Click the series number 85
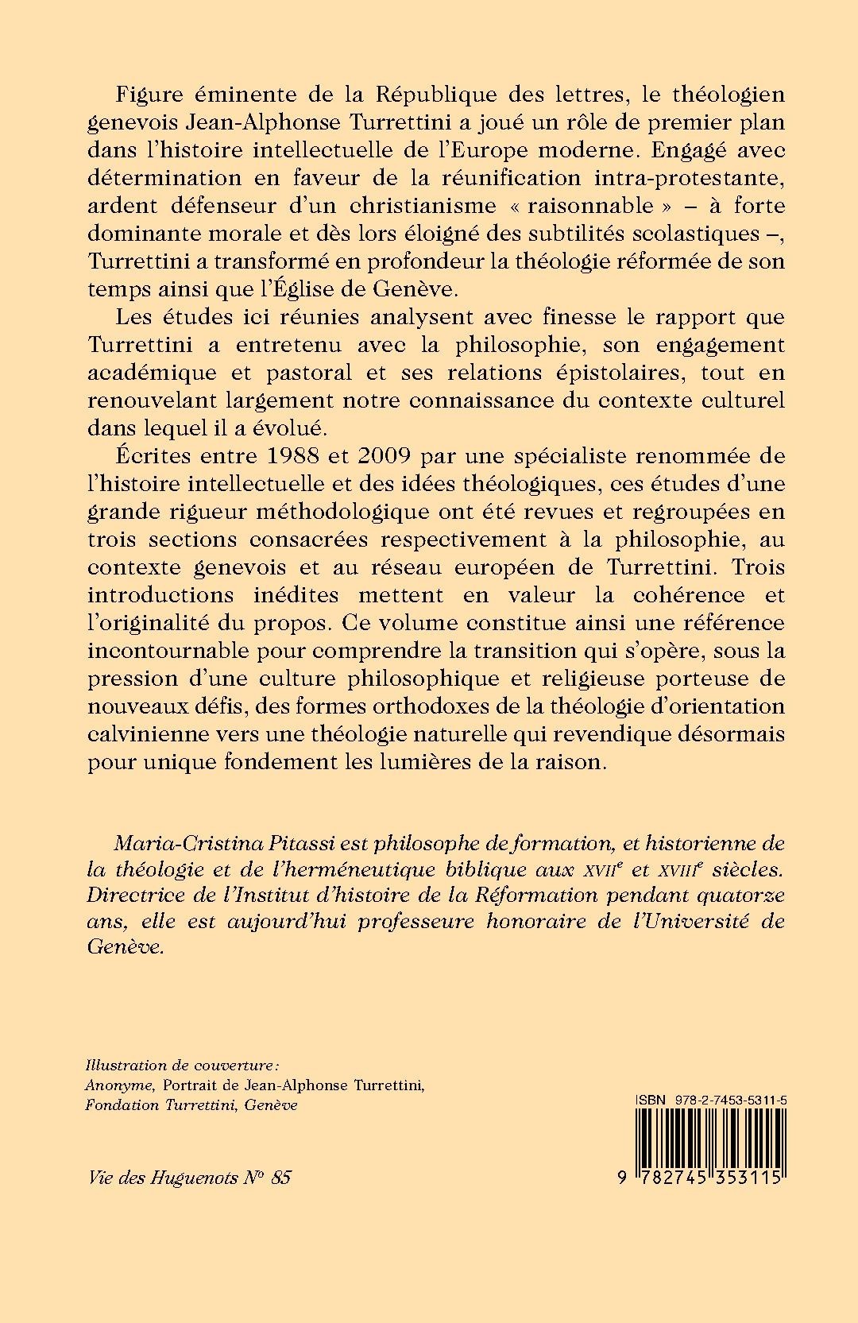tap(280, 1177)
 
